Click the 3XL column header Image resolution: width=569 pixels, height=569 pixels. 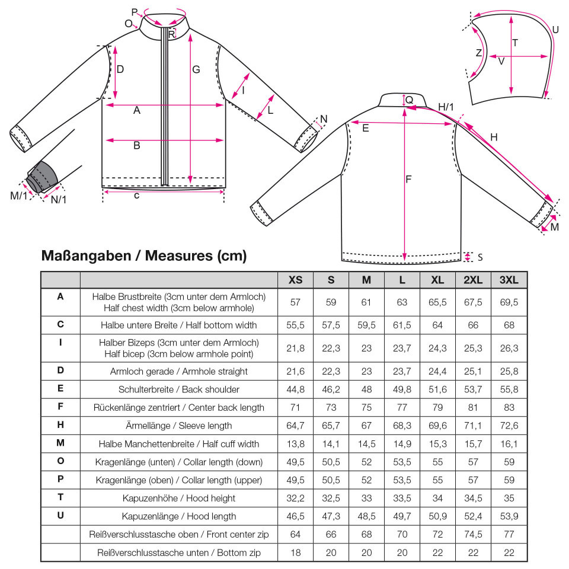coord(509,280)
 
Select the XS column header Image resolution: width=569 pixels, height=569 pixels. coord(295,280)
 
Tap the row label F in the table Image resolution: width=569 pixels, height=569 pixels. coord(60,406)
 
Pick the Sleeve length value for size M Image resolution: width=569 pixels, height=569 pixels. coord(366,426)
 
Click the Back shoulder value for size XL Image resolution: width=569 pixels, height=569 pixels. coord(437,389)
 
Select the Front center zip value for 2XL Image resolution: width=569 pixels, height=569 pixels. coord(473,534)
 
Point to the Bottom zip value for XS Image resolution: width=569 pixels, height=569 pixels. coord(295,552)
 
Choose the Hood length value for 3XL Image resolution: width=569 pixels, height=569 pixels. coord(509,516)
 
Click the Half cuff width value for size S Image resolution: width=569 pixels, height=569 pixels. coord(331,443)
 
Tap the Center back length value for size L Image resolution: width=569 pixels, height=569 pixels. coord(402,407)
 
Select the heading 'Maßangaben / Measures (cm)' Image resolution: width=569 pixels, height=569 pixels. coord(144,255)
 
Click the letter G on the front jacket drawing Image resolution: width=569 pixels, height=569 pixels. coord(196,69)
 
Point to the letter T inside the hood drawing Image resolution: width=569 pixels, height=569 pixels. coord(515,43)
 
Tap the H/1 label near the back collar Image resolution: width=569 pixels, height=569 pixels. coord(446,107)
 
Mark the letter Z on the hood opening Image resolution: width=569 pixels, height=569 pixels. coord(479,53)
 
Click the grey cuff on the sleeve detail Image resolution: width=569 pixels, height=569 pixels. coord(43,176)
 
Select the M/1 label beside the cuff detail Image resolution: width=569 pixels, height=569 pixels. coord(19,196)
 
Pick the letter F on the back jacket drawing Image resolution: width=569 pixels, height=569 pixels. coord(408,179)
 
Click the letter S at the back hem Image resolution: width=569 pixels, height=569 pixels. coord(480,257)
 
